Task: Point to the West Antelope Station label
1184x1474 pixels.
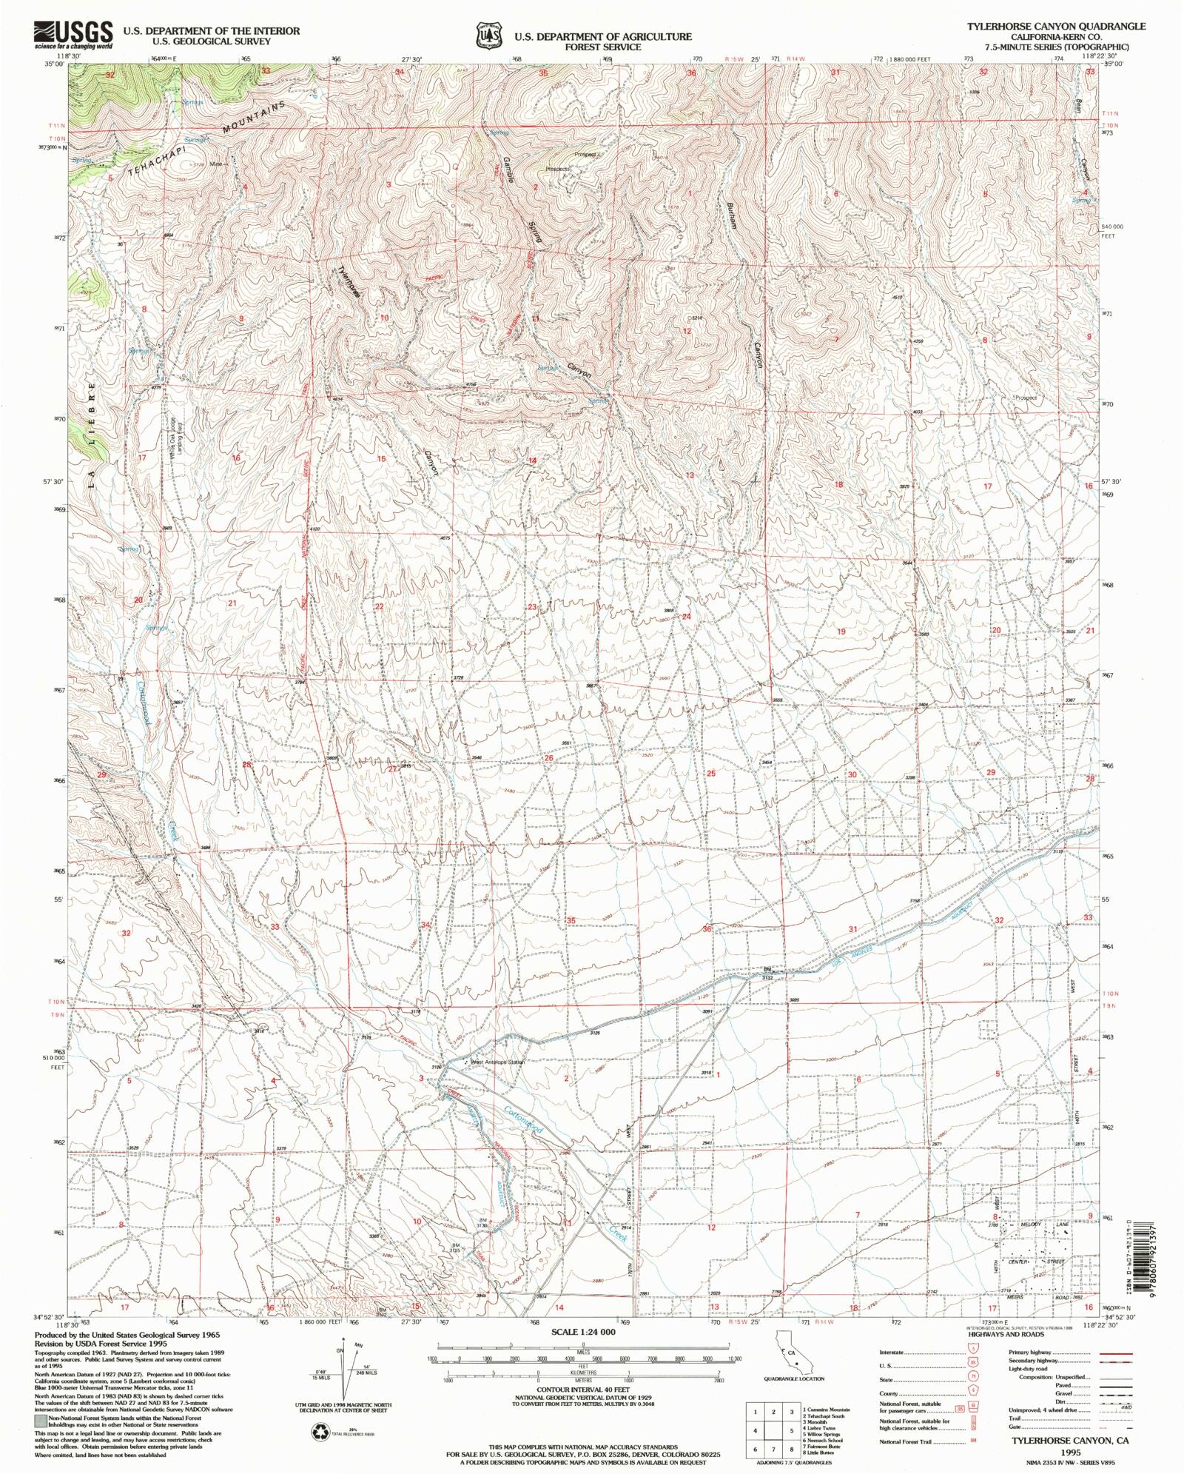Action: [x=497, y=1062]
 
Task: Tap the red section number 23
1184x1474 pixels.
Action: [x=531, y=607]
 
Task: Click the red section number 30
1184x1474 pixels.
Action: [x=852, y=774]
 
